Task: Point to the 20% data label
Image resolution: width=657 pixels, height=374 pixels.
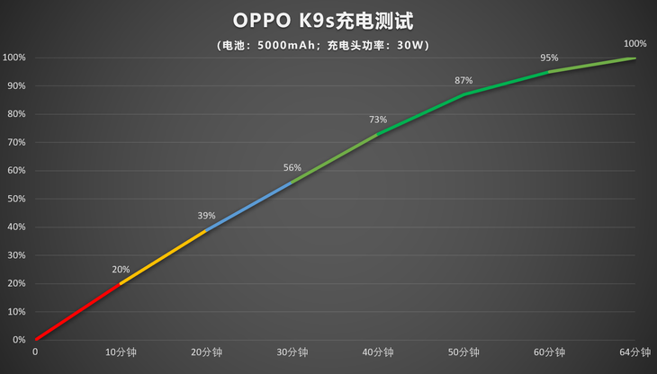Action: coord(121,269)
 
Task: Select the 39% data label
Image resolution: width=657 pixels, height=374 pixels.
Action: coord(206,216)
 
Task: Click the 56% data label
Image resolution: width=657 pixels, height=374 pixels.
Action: coord(292,167)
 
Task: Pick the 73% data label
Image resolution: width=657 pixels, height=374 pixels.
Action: coord(378,120)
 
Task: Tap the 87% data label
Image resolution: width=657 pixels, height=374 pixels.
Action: coord(463,80)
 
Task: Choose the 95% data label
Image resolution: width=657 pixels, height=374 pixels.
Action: coord(549,58)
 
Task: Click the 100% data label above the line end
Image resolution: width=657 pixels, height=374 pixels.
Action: coord(634,43)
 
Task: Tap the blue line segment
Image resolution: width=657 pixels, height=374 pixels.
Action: coord(248,206)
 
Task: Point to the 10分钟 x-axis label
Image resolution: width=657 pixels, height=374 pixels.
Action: coord(121,352)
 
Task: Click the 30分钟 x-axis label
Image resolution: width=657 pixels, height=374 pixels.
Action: coord(292,352)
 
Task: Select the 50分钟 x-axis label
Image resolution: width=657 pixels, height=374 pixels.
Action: coord(463,352)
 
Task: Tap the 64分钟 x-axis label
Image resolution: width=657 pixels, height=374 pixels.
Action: coord(634,352)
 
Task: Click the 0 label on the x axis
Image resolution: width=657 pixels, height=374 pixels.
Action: coord(35,352)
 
